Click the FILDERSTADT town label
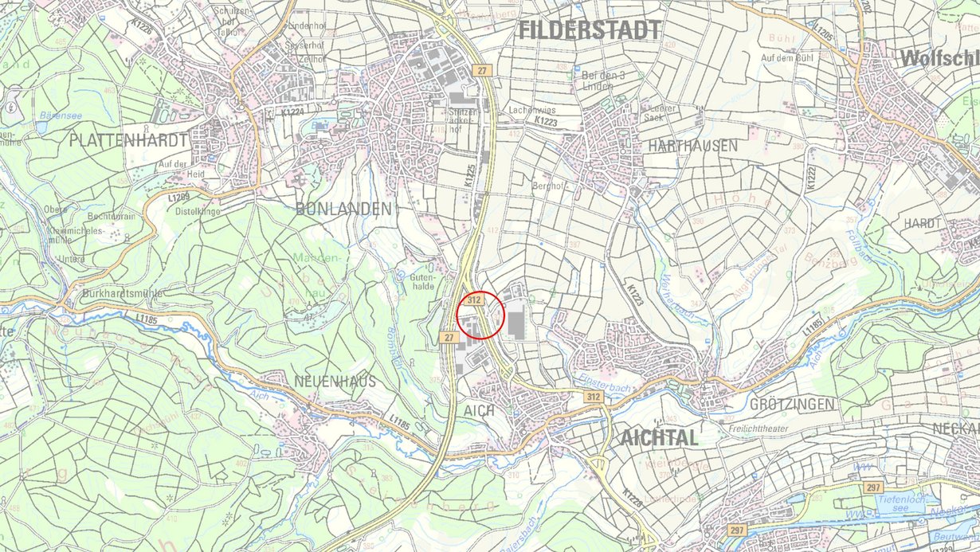590,30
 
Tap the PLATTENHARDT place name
128,140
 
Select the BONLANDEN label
343,209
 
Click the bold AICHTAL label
659,437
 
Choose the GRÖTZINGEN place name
792,405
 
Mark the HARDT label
922,223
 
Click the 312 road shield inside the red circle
474,300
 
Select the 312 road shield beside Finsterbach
591,396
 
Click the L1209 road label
180,196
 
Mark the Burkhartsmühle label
122,293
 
